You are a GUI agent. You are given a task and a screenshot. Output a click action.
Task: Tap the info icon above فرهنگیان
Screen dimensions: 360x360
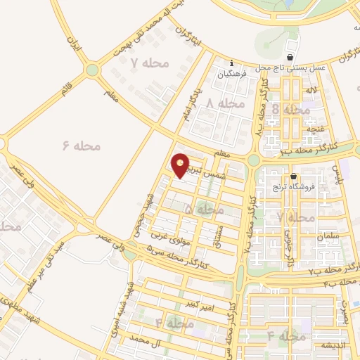point(231,63)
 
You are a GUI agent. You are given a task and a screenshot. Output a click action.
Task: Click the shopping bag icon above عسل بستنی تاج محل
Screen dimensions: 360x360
point(291,57)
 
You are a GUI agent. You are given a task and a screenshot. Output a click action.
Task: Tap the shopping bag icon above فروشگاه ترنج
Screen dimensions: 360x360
point(293,176)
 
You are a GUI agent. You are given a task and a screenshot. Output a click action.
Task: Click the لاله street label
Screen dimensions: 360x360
point(310,91)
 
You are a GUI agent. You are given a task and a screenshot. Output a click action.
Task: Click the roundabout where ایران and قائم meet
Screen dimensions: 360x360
point(91,70)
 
